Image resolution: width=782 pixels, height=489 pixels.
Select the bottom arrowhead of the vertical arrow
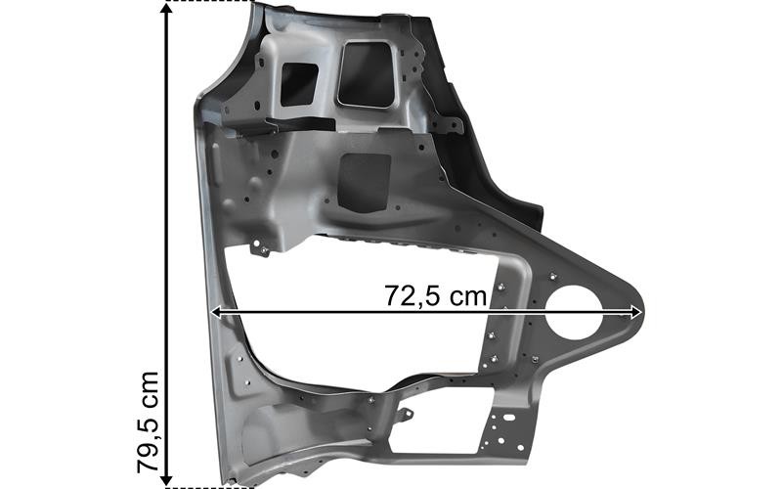[168, 476]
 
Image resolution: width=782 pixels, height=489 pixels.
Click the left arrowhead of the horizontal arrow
[217, 312]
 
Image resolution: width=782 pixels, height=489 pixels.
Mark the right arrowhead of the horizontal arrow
[636, 312]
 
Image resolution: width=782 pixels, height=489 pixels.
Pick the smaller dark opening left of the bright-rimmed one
[299, 84]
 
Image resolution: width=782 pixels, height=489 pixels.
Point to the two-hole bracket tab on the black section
[453, 127]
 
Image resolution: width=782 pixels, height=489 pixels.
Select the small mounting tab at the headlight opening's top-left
[260, 248]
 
